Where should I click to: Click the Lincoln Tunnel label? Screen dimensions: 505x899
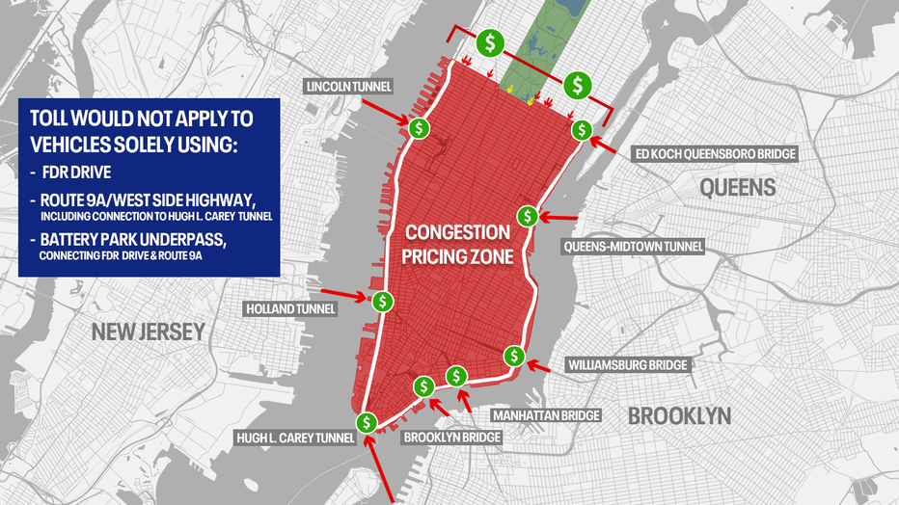(x=348, y=87)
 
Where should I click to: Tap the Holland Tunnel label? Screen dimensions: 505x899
(x=291, y=309)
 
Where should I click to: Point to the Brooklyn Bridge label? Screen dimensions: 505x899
(x=451, y=438)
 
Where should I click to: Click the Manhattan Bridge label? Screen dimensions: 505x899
(x=546, y=415)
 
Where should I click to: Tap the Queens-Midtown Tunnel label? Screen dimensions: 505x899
(x=632, y=247)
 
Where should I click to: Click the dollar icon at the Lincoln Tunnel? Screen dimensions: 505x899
(x=419, y=128)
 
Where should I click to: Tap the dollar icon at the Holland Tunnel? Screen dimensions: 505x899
(x=383, y=302)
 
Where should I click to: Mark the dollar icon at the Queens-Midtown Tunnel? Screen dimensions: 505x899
(x=527, y=216)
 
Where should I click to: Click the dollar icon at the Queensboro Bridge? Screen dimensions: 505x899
(x=581, y=130)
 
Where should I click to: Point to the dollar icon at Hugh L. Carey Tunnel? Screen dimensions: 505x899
(x=367, y=422)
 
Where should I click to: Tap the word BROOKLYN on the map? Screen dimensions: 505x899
(x=679, y=416)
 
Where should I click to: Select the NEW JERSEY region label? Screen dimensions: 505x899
(x=149, y=332)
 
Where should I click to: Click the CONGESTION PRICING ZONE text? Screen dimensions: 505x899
(x=457, y=246)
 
